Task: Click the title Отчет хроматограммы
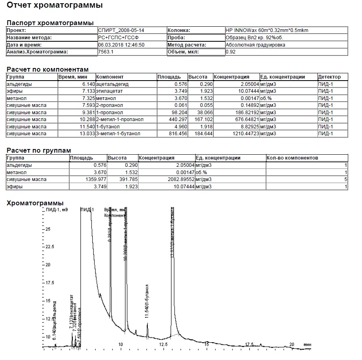coord(55,6)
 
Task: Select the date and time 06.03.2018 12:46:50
coord(121,45)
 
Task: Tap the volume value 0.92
coord(231,52)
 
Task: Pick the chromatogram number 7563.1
coord(106,52)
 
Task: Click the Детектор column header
coord(329,77)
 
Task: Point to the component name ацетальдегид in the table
coord(112,84)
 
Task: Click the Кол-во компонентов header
coord(292,158)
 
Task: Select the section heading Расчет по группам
coord(39,151)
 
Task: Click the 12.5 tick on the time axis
coord(163,344)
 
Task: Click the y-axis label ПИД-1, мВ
coord(57,210)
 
